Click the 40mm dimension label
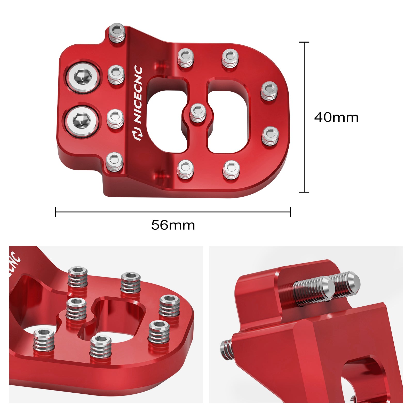pos(336,117)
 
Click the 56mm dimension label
pos(173,225)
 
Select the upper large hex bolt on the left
pos(83,77)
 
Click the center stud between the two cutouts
pos(198,113)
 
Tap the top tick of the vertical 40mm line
pos(304,42)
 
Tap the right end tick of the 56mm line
pos(290,212)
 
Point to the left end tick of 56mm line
pos(55,212)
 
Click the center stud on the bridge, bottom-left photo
pos(76,308)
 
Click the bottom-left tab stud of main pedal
pos(115,162)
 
